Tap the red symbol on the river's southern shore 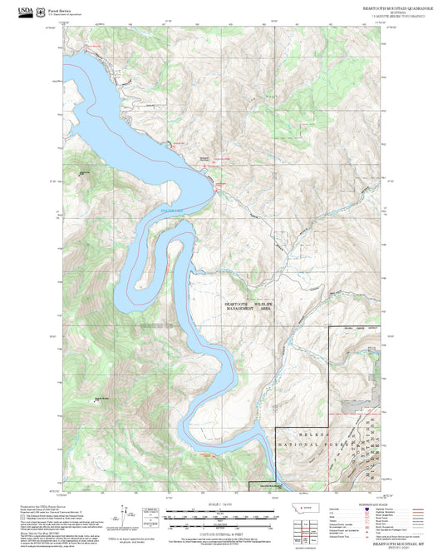click(x=214, y=455)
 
